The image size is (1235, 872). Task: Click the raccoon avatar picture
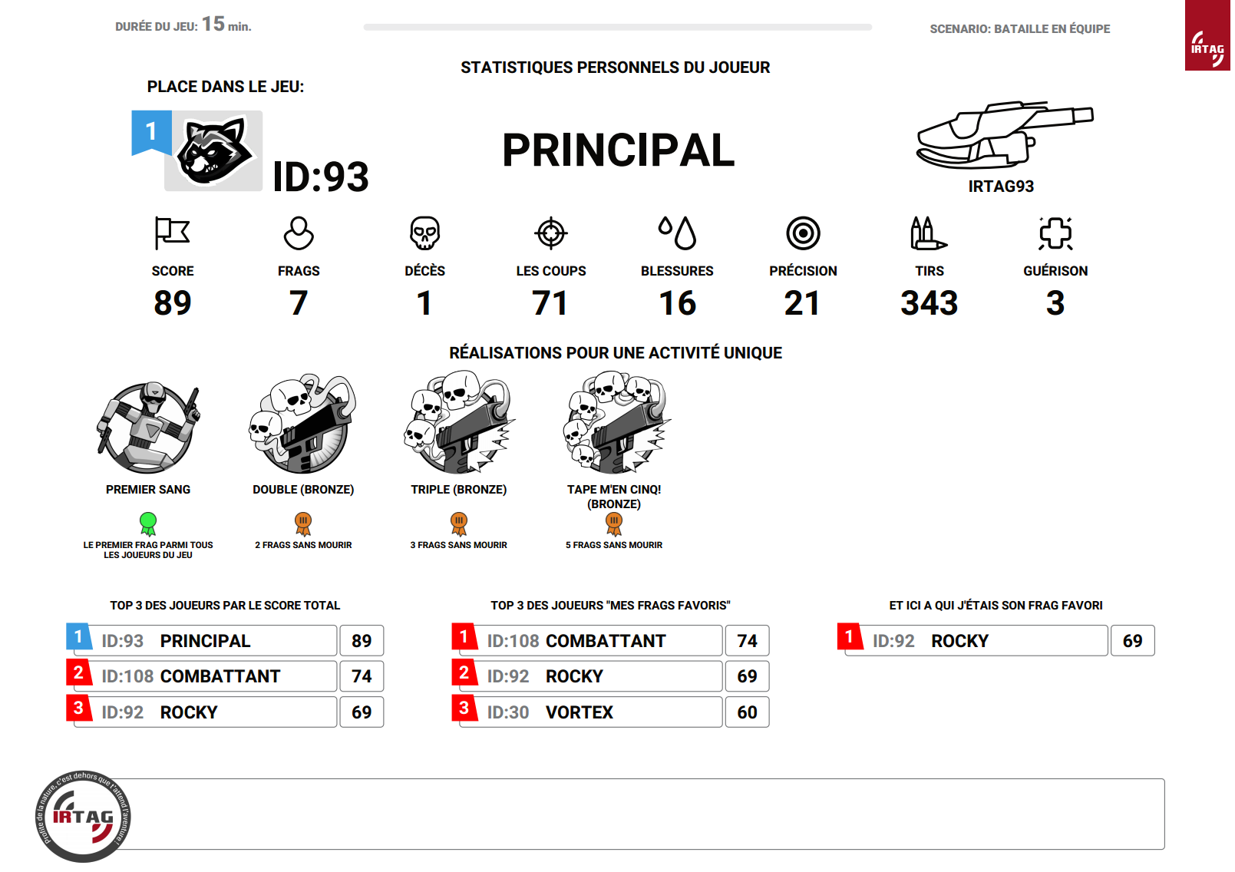(x=214, y=151)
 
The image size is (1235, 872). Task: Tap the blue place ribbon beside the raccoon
(x=151, y=132)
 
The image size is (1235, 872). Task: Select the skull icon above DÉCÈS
(x=424, y=233)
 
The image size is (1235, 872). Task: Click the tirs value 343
(x=929, y=303)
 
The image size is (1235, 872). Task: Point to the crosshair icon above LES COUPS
(x=551, y=233)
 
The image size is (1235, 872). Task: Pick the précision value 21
(x=802, y=303)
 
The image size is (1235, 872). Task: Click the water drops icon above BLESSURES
(x=677, y=233)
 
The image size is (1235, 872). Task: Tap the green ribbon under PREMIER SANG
(x=148, y=524)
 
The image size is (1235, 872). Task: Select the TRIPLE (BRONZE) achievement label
(x=458, y=490)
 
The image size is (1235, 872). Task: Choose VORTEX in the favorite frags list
(x=580, y=712)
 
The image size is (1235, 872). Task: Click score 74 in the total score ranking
(x=362, y=676)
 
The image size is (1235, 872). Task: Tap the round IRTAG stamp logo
(x=83, y=816)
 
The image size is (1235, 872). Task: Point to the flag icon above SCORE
(x=172, y=233)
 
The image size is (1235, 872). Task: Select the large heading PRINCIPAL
(x=618, y=150)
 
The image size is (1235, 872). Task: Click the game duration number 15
(x=213, y=25)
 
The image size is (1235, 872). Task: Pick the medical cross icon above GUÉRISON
(x=1055, y=233)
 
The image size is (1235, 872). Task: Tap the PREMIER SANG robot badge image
(x=148, y=427)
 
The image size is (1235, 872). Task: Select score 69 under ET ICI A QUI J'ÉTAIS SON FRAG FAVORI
(x=1132, y=641)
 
